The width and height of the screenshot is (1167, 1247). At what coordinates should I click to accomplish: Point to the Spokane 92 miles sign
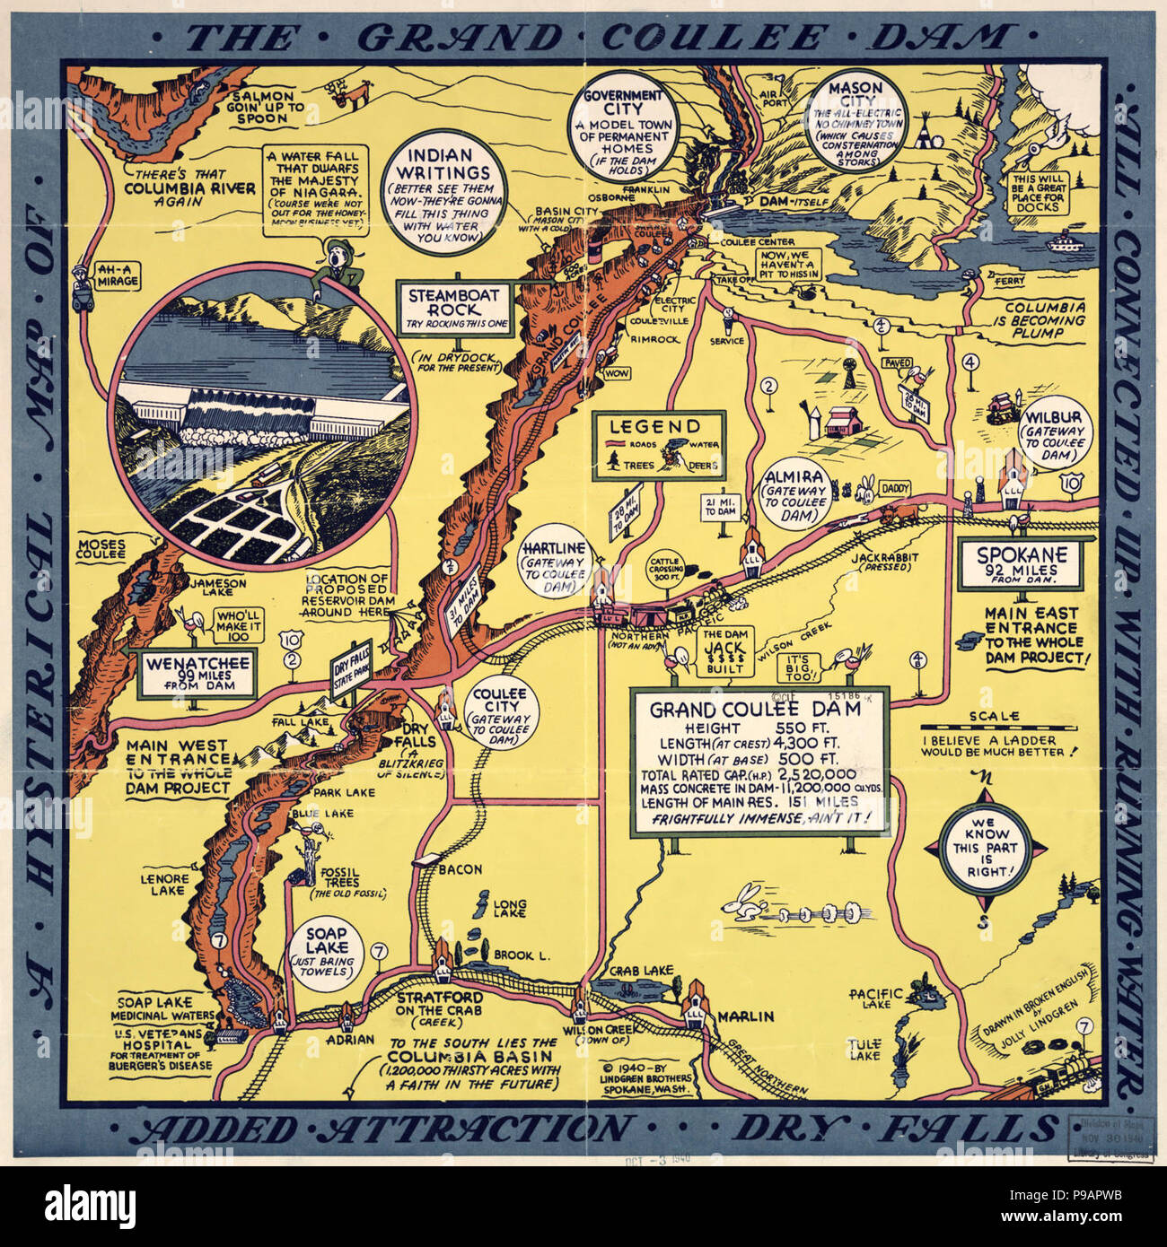click(1018, 563)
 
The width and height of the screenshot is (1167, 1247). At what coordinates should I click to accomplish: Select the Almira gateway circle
click(794, 497)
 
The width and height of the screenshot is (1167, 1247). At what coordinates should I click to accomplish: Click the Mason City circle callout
click(854, 118)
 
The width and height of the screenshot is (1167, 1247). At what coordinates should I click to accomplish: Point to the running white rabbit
click(744, 903)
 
